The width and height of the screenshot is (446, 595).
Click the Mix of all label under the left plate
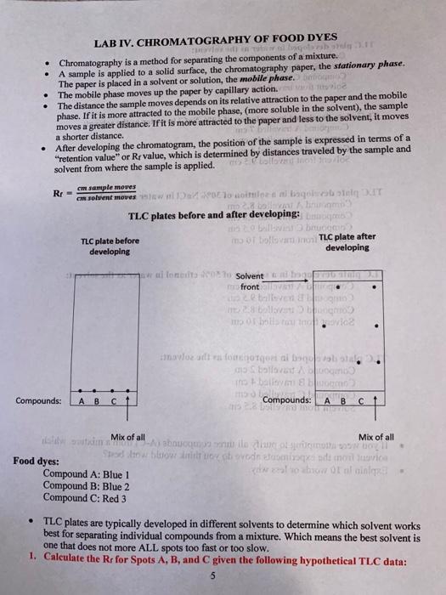pyautogui.click(x=127, y=436)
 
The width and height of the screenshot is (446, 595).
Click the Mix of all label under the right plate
pyautogui.click(x=377, y=436)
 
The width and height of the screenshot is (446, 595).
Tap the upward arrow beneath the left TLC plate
pyautogui.click(x=126, y=403)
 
